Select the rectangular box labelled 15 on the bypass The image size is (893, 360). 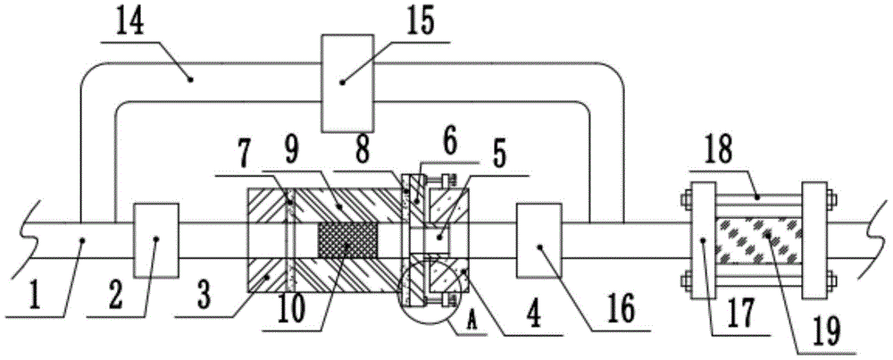pos(347,83)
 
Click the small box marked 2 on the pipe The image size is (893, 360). pos(154,239)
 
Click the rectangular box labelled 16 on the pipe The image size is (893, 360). pos(538,241)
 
